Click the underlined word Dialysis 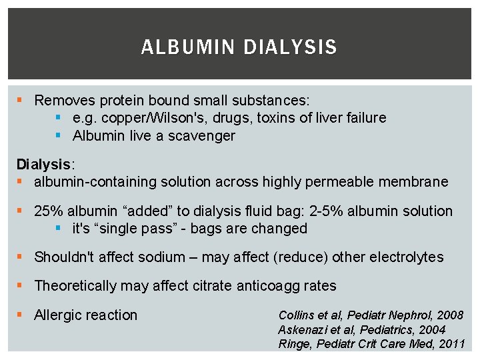click(x=43, y=164)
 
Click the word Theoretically click(x=75, y=286)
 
